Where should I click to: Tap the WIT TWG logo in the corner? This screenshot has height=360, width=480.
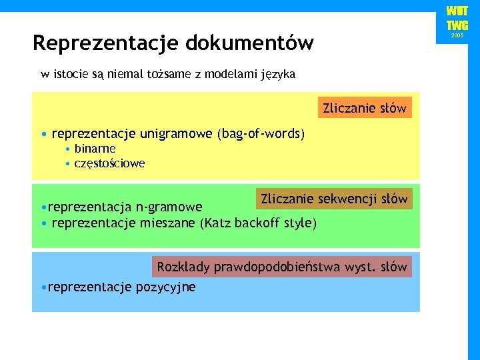(x=457, y=19)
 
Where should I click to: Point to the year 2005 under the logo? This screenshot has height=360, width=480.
(x=457, y=35)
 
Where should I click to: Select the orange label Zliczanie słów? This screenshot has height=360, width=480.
(x=364, y=108)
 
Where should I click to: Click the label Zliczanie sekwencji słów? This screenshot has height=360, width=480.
(x=334, y=199)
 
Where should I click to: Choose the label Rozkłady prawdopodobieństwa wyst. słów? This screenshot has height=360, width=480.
(x=282, y=267)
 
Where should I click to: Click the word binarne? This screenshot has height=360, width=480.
(x=95, y=149)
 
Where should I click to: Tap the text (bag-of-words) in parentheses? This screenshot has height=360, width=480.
(x=261, y=134)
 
